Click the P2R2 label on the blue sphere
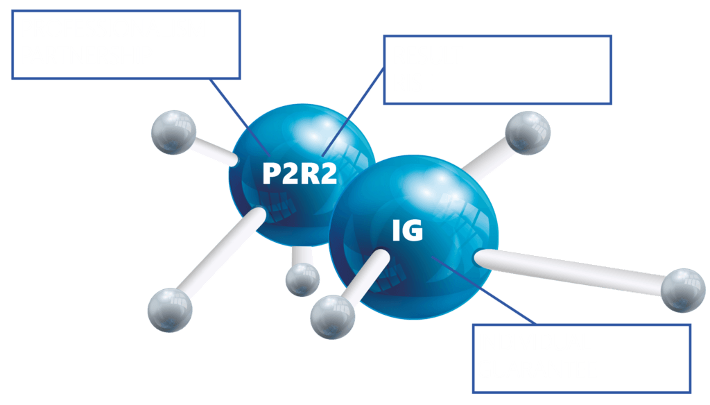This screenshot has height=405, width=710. point(299,173)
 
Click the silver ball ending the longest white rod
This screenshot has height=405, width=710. point(683,291)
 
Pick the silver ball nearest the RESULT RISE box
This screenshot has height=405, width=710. point(528,130)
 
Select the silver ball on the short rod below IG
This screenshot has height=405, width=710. point(332,318)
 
